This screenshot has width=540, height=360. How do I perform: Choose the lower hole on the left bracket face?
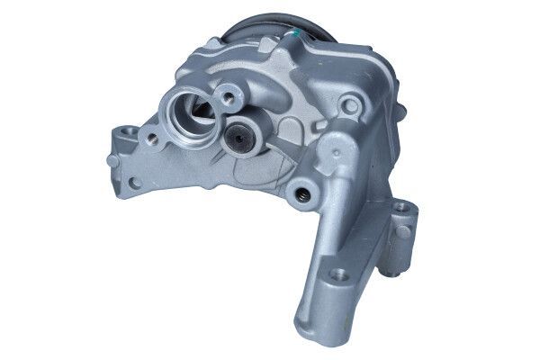point(134,183)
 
